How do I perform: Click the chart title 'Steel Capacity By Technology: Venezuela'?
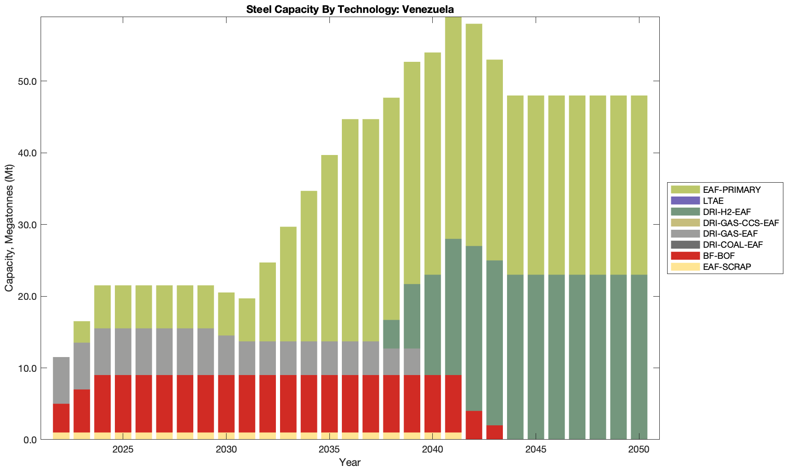pyautogui.click(x=350, y=9)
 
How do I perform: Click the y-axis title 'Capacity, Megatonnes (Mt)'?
pyautogui.click(x=9, y=228)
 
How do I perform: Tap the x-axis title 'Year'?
pyautogui.click(x=350, y=462)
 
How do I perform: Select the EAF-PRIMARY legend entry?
pyautogui.click(x=731, y=190)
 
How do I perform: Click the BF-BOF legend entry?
pyautogui.click(x=719, y=256)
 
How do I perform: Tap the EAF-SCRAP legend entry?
pyautogui.click(x=727, y=267)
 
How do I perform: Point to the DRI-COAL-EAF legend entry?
pyautogui.click(x=733, y=244)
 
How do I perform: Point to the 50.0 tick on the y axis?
pyautogui.click(x=27, y=81)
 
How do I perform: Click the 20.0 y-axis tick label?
pyautogui.click(x=27, y=296)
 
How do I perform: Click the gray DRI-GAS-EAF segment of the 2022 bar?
pyautogui.click(x=61, y=380)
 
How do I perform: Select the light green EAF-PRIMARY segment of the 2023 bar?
pyautogui.click(x=82, y=332)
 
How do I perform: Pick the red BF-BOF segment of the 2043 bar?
pyautogui.click(x=495, y=432)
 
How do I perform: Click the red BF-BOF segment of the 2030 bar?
pyautogui.click(x=227, y=404)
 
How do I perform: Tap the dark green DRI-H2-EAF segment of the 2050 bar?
pyautogui.click(x=639, y=357)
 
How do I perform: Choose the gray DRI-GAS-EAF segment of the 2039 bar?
pyautogui.click(x=412, y=362)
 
